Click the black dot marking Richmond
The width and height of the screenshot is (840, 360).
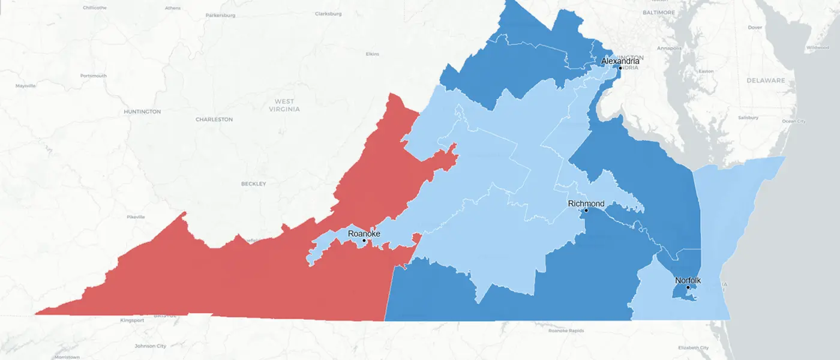tap(586, 211)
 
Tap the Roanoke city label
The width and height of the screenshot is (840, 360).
tap(364, 233)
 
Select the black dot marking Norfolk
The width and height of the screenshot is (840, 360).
tap(688, 287)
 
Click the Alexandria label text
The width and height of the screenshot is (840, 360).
tap(620, 61)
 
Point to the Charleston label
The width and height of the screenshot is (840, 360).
tap(214, 119)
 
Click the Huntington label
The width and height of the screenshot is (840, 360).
tap(142, 112)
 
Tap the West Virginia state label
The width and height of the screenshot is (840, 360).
tap(284, 106)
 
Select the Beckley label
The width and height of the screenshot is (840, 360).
tap(253, 184)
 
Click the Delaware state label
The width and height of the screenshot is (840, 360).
tap(766, 80)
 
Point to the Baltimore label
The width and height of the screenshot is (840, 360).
tap(659, 12)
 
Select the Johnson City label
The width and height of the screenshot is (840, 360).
tap(150, 346)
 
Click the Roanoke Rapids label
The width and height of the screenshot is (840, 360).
tap(566, 331)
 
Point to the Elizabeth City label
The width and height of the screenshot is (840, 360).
tap(693, 348)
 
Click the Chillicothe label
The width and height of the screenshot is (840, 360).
tap(95, 8)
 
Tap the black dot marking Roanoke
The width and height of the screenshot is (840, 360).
tap(364, 241)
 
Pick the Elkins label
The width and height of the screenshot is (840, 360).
tap(372, 54)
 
